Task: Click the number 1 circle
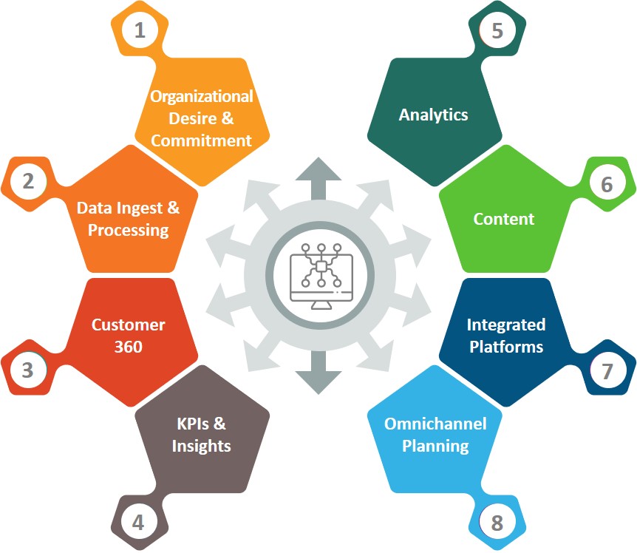pos(140,31)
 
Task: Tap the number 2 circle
pos(28,181)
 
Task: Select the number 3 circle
pos(27,369)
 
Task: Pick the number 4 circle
pos(138,523)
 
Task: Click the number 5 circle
pos(497,31)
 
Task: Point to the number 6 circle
pos(607,184)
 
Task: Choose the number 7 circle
pos(607,371)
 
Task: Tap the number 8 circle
pos(497,524)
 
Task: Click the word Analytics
pos(434,115)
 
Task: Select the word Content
pos(504,219)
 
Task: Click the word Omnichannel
pos(435,424)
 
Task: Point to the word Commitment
pos(201,140)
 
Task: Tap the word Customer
pos(129,325)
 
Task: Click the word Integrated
pos(506,325)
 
